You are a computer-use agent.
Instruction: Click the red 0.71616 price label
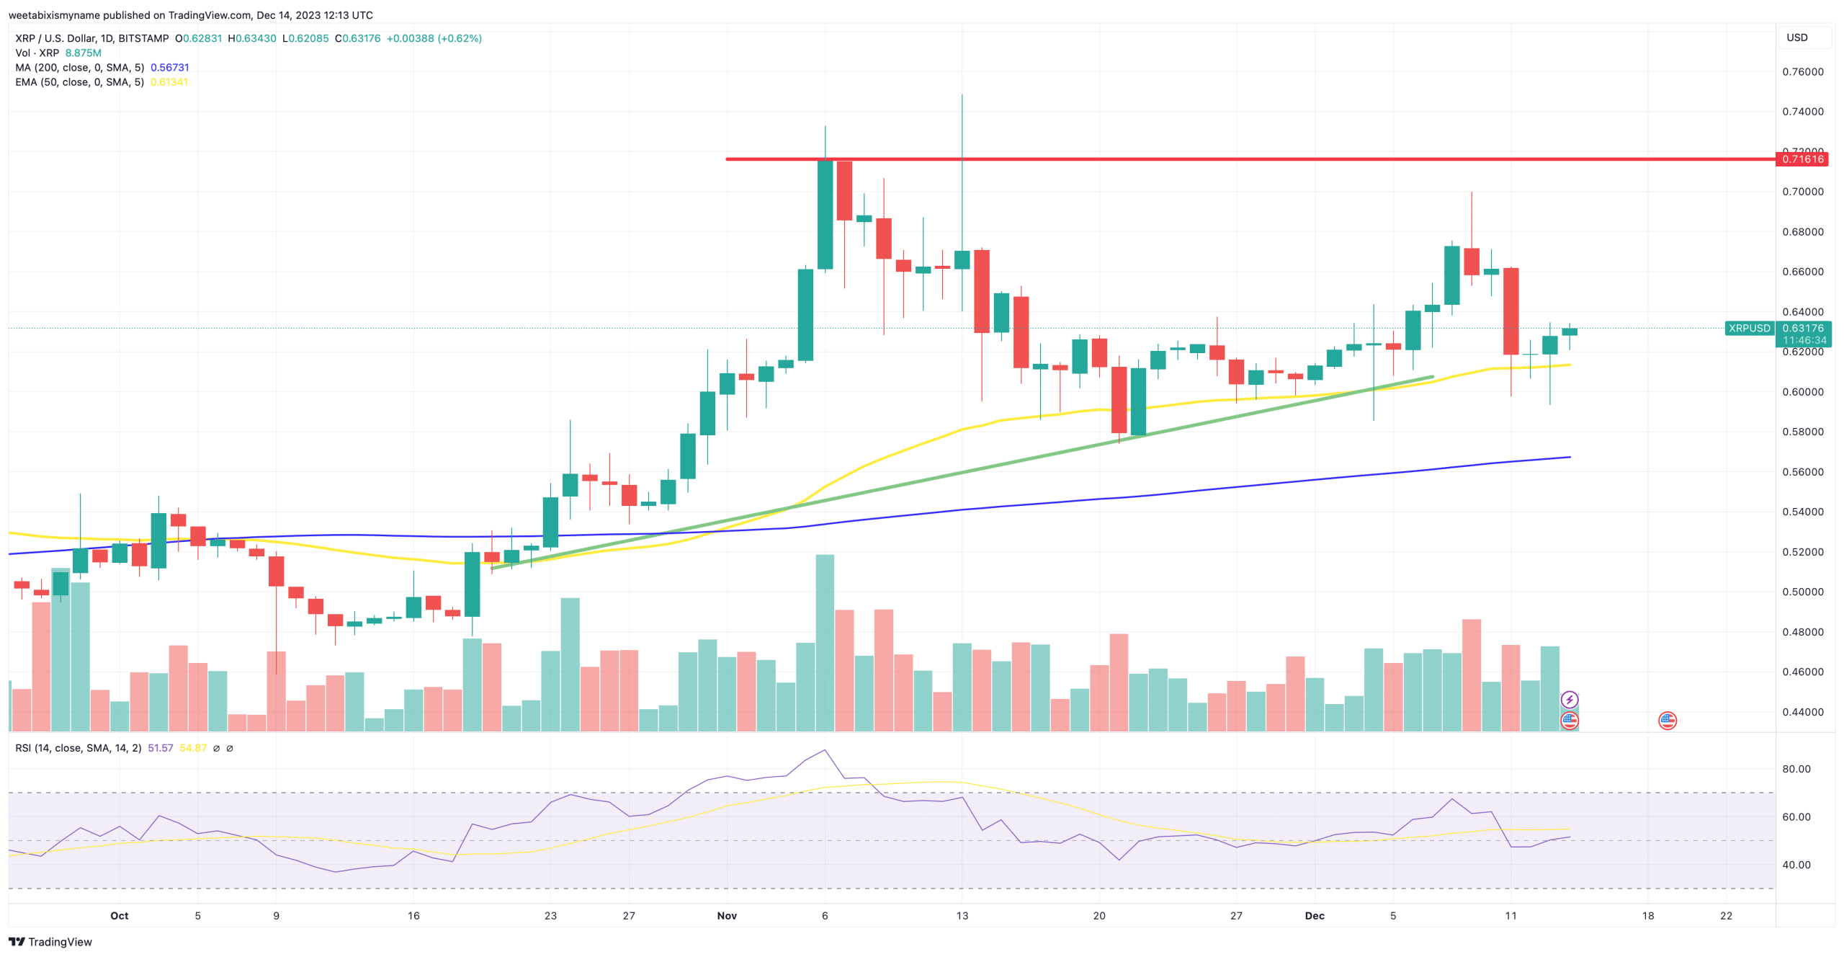(1802, 159)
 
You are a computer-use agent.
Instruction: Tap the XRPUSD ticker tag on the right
(1749, 329)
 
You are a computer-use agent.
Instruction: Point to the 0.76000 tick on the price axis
(1802, 71)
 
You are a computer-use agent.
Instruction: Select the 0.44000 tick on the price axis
(1802, 712)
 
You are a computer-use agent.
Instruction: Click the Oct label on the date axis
(120, 916)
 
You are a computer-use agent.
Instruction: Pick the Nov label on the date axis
(727, 916)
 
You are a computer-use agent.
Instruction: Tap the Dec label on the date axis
(1315, 916)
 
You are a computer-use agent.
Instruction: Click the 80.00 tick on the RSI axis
(1796, 769)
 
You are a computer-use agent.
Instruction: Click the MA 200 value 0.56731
(170, 68)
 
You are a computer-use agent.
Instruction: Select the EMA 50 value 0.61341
(169, 82)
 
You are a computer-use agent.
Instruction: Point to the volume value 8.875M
(83, 53)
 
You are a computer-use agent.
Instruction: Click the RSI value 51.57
(160, 748)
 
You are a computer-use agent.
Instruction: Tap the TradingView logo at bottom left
(50, 942)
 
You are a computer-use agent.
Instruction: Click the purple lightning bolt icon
(1569, 700)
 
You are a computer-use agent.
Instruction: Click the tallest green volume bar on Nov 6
(825, 641)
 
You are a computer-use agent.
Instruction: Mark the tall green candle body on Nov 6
(825, 215)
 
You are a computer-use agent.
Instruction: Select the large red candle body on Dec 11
(1510, 311)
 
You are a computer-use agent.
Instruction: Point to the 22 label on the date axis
(1726, 916)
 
